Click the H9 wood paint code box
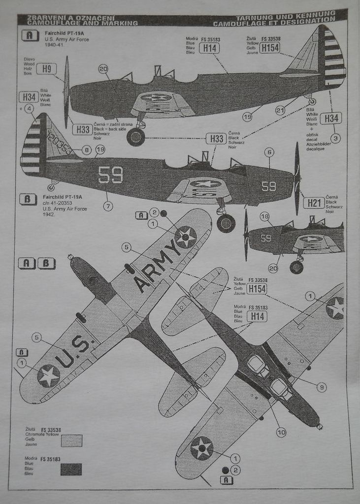(x=46, y=69)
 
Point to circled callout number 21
(x=280, y=111)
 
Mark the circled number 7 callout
(x=108, y=206)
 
